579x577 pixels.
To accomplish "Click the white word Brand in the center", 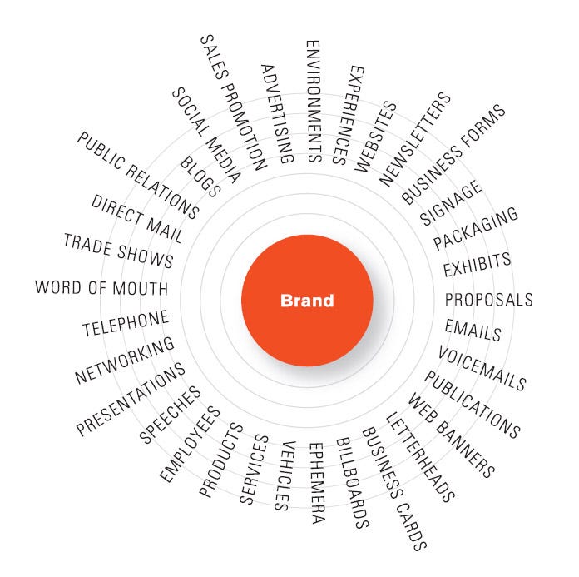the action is point(307,301).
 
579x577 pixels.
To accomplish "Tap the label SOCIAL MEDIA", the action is point(206,135).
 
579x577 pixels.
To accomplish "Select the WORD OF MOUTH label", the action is point(101,287).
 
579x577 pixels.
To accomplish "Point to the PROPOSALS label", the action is point(489,300).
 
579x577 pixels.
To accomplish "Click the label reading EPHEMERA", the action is point(317,483).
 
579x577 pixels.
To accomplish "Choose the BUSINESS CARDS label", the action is point(394,489).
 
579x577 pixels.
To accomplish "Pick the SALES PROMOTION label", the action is point(234,102).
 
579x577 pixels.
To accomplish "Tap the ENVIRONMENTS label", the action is point(314,102).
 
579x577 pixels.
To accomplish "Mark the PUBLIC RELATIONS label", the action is point(138,175).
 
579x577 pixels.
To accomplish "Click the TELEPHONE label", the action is point(126,323).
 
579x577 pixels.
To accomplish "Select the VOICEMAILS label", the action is point(482,369).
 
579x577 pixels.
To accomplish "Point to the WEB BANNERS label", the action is point(451,435).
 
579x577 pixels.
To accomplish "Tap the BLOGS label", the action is point(200,177).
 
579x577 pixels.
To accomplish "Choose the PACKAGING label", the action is point(476,228).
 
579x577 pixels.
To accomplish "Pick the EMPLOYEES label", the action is point(190,444).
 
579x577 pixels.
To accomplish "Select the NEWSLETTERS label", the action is point(415,139).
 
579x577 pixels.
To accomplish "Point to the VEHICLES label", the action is point(285,476).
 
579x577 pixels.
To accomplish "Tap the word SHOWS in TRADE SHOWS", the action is point(145,256).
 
